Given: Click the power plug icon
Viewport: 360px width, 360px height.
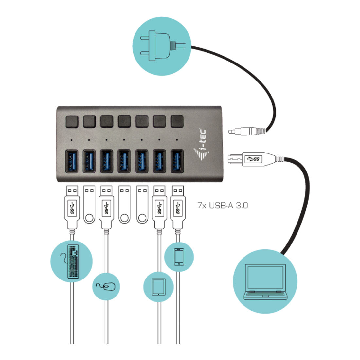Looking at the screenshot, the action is (162, 46).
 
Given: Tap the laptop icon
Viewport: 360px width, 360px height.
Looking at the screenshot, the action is (265, 282).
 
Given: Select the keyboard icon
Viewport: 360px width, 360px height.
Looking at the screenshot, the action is (73, 261).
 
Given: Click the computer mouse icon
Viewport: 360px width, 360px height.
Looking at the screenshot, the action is (106, 286).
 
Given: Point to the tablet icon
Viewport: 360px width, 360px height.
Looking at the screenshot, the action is (158, 287).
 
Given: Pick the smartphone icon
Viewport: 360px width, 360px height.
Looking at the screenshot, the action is (179, 257).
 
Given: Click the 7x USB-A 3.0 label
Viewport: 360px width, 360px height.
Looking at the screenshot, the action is (223, 205).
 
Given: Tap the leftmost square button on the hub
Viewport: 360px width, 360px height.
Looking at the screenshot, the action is (72, 121).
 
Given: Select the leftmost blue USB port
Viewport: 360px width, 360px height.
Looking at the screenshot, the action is (72, 161).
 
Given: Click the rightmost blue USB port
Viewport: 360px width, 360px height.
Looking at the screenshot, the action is (177, 161).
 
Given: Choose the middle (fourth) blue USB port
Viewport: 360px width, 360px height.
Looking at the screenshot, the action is (124, 161).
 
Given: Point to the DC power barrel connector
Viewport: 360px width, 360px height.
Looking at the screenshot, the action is (247, 131).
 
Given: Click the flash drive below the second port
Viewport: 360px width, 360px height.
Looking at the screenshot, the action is (89, 204).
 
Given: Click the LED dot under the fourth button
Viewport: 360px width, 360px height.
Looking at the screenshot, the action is (124, 140).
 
